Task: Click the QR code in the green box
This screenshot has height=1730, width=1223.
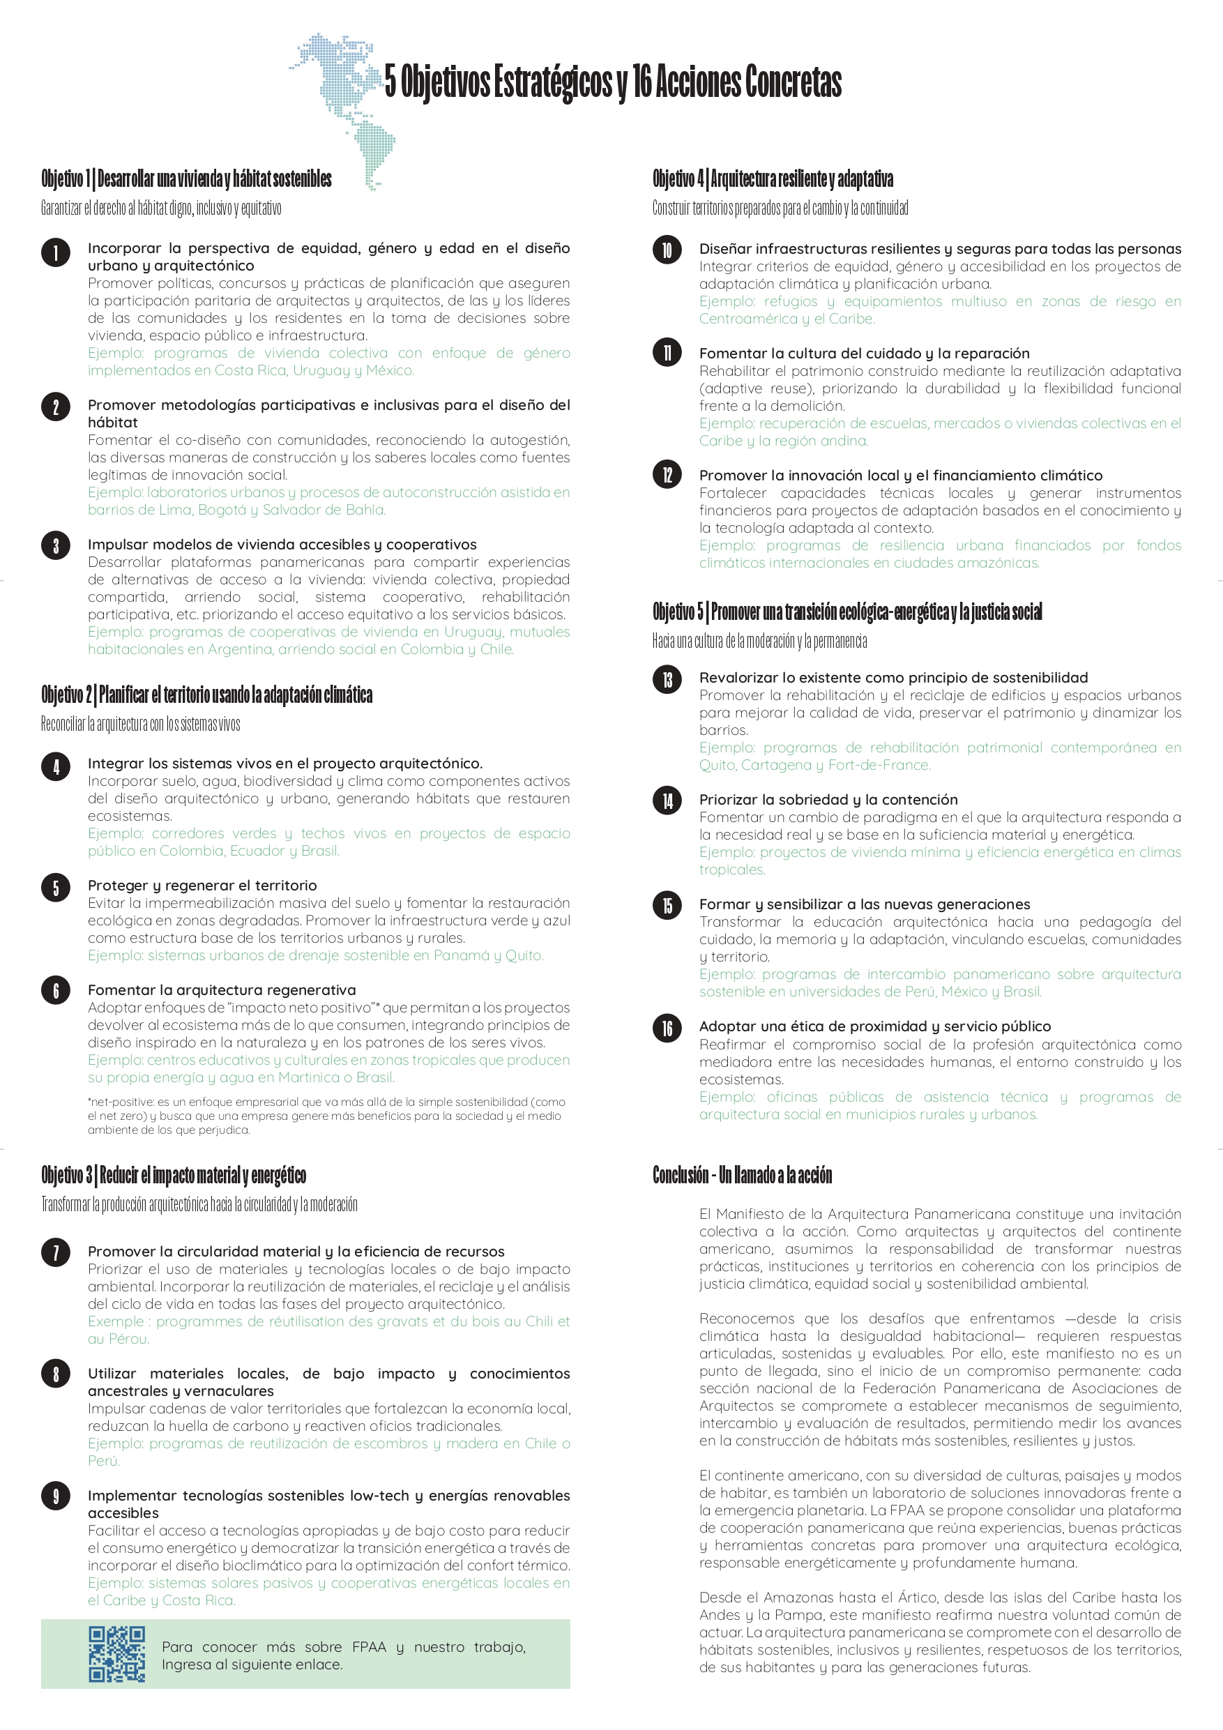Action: pos(117,1654)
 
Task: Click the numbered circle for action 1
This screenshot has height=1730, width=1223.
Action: pos(56,253)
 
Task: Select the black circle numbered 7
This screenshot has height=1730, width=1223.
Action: pos(56,1252)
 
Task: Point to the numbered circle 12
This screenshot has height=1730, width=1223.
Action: pos(667,475)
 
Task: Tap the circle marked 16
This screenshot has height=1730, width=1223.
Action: pos(667,1028)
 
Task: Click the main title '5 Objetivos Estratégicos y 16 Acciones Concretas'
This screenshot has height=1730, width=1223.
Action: pos(613,82)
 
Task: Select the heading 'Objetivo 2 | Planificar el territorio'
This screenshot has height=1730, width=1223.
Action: pos(206,694)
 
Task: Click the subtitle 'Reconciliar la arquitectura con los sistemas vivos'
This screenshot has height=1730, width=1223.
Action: pos(140,724)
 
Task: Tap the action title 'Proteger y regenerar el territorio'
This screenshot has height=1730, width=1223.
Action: pos(202,886)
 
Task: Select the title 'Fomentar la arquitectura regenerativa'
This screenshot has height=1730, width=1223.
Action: pos(222,990)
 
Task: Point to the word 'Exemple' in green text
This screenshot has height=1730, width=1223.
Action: pos(115,1321)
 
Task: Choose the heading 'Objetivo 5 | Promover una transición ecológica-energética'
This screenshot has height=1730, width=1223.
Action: pos(847,612)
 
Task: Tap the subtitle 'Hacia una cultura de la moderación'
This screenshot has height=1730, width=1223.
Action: pos(759,642)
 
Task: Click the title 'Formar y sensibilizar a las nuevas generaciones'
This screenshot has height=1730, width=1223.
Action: pos(865,904)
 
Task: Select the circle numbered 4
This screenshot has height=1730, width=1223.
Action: pos(56,767)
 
